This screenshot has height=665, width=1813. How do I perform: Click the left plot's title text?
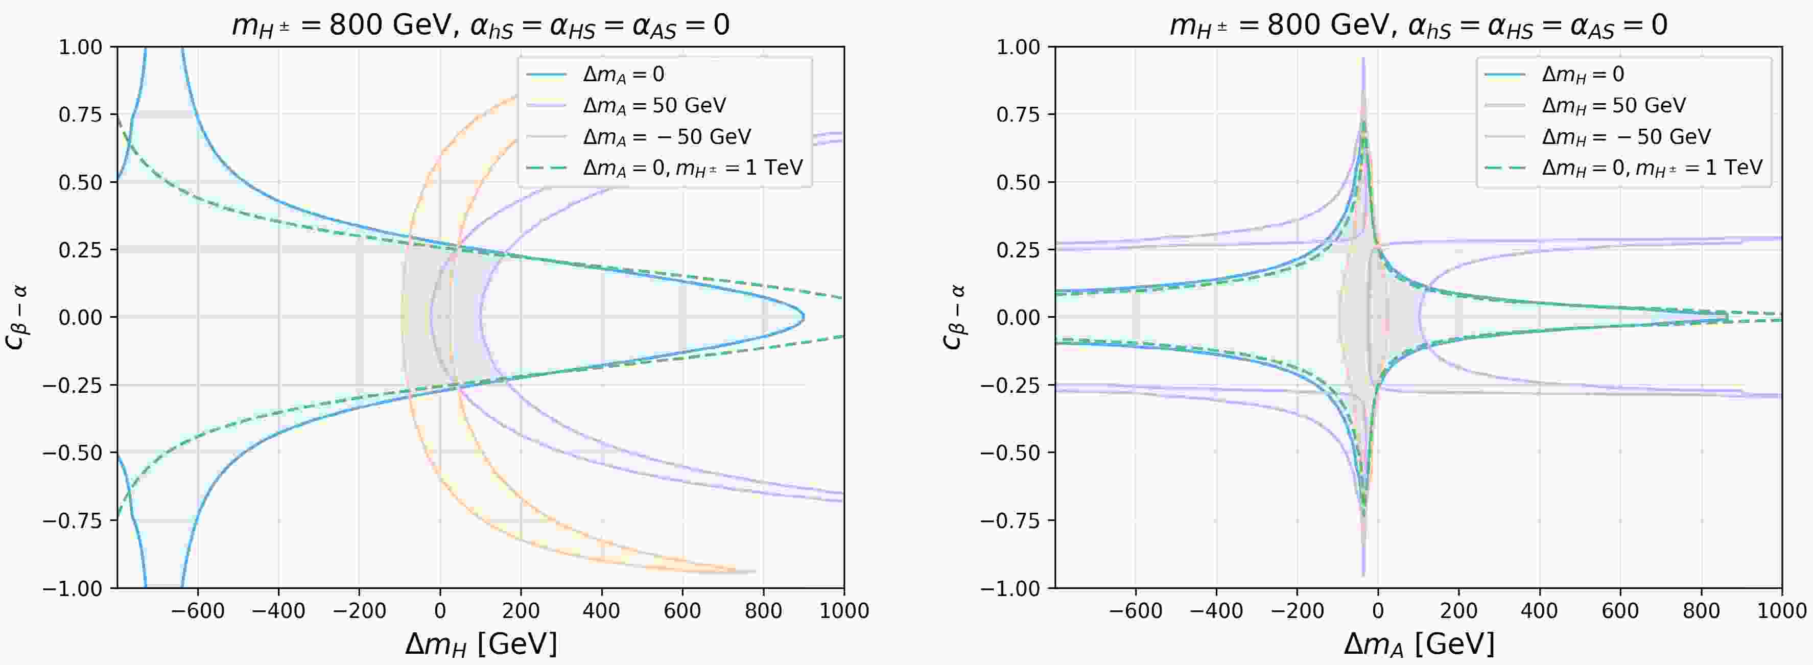point(480,26)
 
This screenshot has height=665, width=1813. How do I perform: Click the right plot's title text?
point(1418,26)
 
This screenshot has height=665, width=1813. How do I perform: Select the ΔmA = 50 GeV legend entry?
point(654,106)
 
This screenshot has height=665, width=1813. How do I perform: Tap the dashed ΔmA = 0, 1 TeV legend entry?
point(693,168)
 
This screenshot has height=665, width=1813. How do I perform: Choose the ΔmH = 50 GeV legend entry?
point(1614,106)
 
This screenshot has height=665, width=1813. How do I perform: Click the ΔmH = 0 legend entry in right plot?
point(1583,75)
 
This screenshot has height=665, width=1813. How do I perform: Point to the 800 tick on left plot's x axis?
point(763,610)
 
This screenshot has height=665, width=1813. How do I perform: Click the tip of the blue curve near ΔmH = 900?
point(804,317)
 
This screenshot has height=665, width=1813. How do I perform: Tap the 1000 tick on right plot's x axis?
point(1781,610)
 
